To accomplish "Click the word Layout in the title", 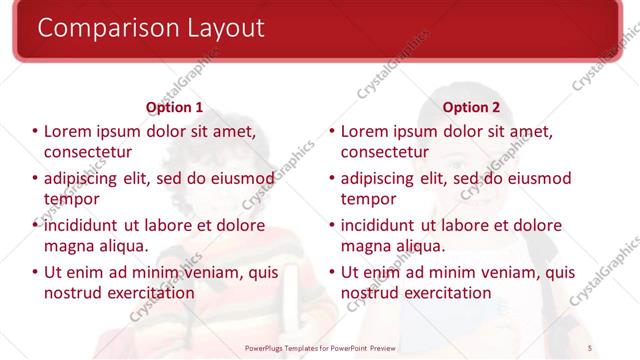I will click(x=222, y=29).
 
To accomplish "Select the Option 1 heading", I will click(x=174, y=107).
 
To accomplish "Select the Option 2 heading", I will click(x=471, y=107).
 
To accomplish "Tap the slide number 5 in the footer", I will click(x=590, y=348).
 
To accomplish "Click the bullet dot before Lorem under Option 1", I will click(x=35, y=131).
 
